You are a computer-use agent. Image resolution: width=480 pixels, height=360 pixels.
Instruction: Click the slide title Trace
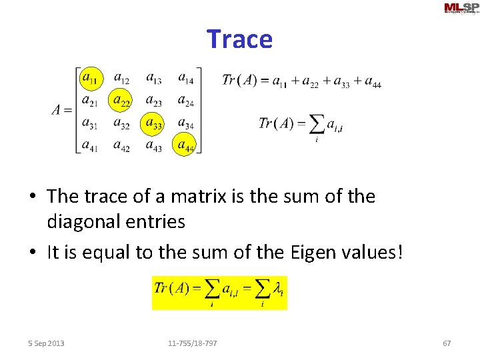239,39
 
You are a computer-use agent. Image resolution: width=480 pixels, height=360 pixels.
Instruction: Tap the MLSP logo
461,8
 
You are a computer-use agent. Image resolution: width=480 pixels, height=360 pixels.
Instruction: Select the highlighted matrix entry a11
90,79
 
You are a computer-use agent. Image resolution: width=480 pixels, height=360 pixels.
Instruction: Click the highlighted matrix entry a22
121,101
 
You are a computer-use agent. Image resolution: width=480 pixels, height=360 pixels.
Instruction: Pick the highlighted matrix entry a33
153,123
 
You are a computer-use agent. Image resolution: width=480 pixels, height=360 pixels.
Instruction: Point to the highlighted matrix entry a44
185,144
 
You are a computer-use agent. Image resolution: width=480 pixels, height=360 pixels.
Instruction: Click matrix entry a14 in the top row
186,79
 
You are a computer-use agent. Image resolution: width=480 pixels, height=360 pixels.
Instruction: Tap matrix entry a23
153,101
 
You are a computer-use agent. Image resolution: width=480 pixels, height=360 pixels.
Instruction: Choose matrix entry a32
121,123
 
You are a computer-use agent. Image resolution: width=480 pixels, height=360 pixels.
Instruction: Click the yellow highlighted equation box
219,292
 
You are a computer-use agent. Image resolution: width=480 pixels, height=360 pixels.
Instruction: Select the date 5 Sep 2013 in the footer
46,343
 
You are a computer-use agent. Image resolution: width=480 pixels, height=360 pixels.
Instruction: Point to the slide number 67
447,343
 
